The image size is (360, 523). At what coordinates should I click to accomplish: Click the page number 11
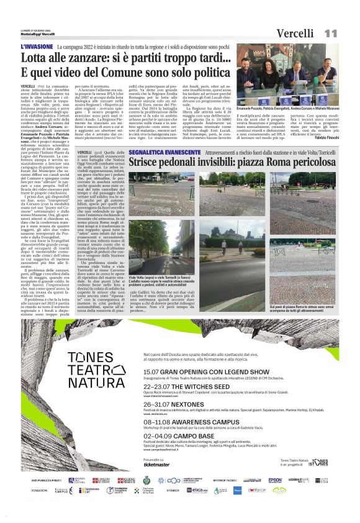(330, 32)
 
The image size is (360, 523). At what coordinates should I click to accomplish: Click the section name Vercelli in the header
(295, 32)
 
